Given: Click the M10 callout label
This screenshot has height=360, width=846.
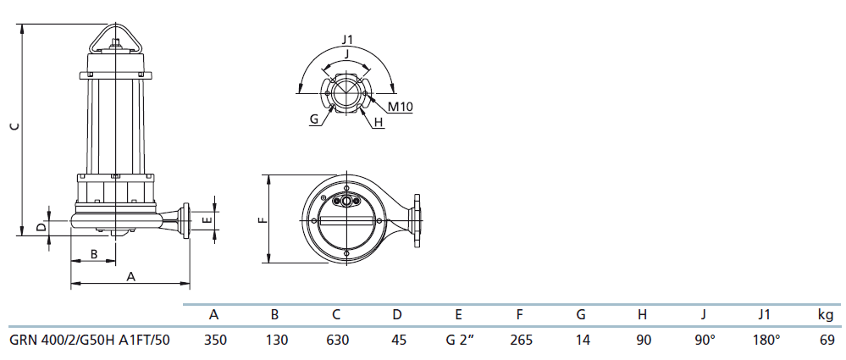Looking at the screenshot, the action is pos(401,107).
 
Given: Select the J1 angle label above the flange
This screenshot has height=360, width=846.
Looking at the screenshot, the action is pos(347,40).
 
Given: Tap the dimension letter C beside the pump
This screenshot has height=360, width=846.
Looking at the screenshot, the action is pos(15,126).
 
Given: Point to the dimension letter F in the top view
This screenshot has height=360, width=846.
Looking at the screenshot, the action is pos(263,220).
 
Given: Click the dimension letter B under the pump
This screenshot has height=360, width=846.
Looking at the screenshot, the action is pos(93,253).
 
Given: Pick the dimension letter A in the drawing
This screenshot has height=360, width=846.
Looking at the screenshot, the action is pos(130,276).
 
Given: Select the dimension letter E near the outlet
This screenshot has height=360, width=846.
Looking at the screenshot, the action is pos(206,220).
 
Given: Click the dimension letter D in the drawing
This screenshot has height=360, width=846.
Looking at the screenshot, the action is pos(41,227).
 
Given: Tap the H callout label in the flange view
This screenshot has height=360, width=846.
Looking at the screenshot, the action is pos(379,123).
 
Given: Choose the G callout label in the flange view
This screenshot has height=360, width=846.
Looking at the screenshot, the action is pos(314,119).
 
